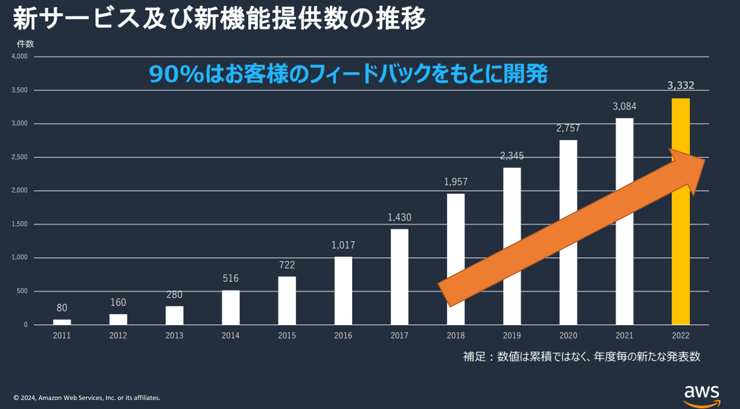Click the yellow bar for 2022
pos(680,258)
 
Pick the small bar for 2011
pos(62,322)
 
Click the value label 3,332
pos(680,85)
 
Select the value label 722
pos(287,265)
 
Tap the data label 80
pos(62,308)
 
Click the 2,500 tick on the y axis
pos(19,157)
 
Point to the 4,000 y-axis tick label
pos(19,56)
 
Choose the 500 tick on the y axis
pos(22,291)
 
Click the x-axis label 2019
pos(512,335)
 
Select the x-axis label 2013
pos(174,335)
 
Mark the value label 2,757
pos(568,128)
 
